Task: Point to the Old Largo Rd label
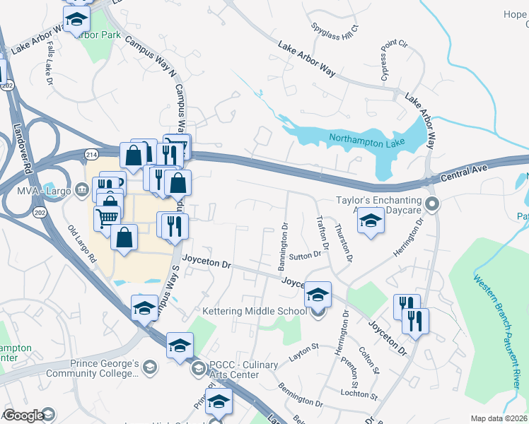[82, 244]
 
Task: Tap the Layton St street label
[305, 351]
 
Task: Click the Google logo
[23, 416]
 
